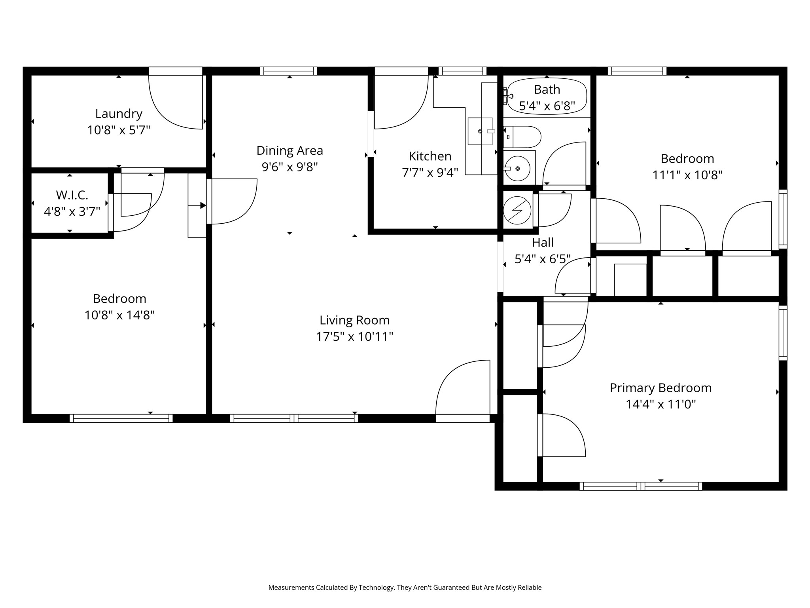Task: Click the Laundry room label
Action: tap(119, 114)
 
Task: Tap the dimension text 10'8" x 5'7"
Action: tap(119, 130)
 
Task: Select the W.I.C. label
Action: tap(72, 195)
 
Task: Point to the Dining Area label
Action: tap(290, 151)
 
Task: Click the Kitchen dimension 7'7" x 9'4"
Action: tap(430, 173)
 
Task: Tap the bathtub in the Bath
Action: tap(547, 97)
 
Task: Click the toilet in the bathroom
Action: tap(522, 137)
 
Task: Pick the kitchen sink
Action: tap(480, 131)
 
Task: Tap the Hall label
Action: tap(543, 242)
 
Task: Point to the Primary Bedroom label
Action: tap(660, 388)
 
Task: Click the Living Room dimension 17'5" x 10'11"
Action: tap(354, 337)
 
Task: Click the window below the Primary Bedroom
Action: tap(641, 486)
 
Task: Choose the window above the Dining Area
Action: tap(289, 71)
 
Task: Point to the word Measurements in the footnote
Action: tap(291, 588)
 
